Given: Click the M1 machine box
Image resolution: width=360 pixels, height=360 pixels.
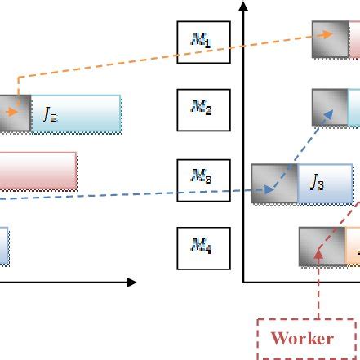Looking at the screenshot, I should (x=203, y=41).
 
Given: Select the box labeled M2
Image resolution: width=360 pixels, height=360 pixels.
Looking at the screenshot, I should (x=203, y=109).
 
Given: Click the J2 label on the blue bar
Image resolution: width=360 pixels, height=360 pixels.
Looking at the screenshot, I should (x=51, y=115).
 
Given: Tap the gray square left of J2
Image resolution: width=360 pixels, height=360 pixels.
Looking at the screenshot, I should (x=15, y=113).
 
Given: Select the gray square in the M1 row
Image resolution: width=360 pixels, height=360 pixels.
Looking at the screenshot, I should (x=331, y=40).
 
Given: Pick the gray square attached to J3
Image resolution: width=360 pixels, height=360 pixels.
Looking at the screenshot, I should (x=274, y=184).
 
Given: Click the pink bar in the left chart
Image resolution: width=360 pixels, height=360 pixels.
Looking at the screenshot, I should (x=38, y=171).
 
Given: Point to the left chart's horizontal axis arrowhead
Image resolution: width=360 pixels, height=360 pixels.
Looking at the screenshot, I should (x=131, y=282).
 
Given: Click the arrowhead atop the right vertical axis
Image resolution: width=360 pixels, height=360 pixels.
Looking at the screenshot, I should (x=243, y=6).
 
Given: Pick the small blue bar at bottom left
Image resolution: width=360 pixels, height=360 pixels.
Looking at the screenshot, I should (x=4, y=247).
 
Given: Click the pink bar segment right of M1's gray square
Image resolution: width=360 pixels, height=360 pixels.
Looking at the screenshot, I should (x=354, y=40).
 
